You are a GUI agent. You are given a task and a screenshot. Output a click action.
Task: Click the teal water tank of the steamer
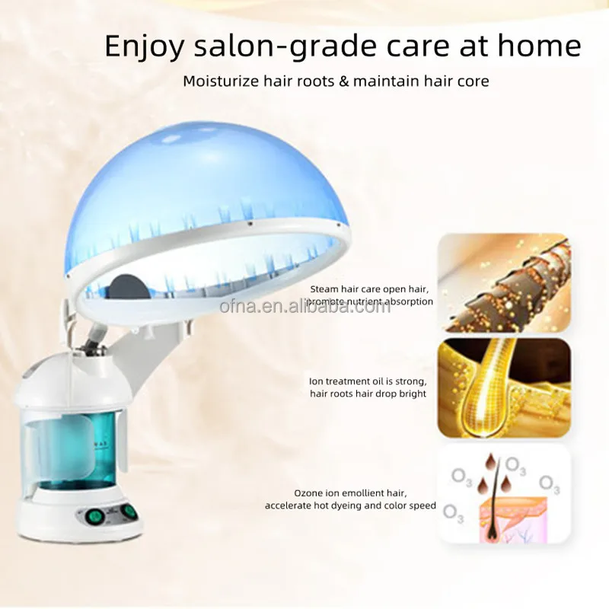(75, 449)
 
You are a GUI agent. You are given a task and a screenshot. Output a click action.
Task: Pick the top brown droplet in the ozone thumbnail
(489, 462)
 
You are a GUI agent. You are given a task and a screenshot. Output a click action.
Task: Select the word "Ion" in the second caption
(316, 381)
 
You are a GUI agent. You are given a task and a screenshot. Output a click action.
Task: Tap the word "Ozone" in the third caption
(309, 493)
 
